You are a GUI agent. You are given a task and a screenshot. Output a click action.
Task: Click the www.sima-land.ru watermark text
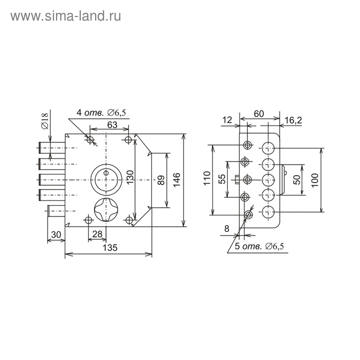pyautogui.click(x=66, y=16)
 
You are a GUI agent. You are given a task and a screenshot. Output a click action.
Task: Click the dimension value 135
pyautogui.click(x=110, y=248)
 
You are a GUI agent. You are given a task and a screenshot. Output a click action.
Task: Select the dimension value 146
pyautogui.click(x=176, y=180)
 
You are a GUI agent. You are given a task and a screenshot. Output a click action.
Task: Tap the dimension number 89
pyautogui.click(x=161, y=180)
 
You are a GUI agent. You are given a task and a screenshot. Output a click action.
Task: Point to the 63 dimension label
pyautogui.click(x=112, y=124)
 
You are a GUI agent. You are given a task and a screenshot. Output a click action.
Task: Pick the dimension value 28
pyautogui.click(x=97, y=234)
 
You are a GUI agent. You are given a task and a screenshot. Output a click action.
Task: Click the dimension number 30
pyautogui.click(x=56, y=235)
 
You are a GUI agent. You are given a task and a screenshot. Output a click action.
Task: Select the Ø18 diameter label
pyautogui.click(x=45, y=121)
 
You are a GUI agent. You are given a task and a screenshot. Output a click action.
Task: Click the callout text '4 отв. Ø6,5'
pyautogui.click(x=101, y=113)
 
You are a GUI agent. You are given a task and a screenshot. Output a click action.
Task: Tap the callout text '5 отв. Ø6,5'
pyautogui.click(x=259, y=246)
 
